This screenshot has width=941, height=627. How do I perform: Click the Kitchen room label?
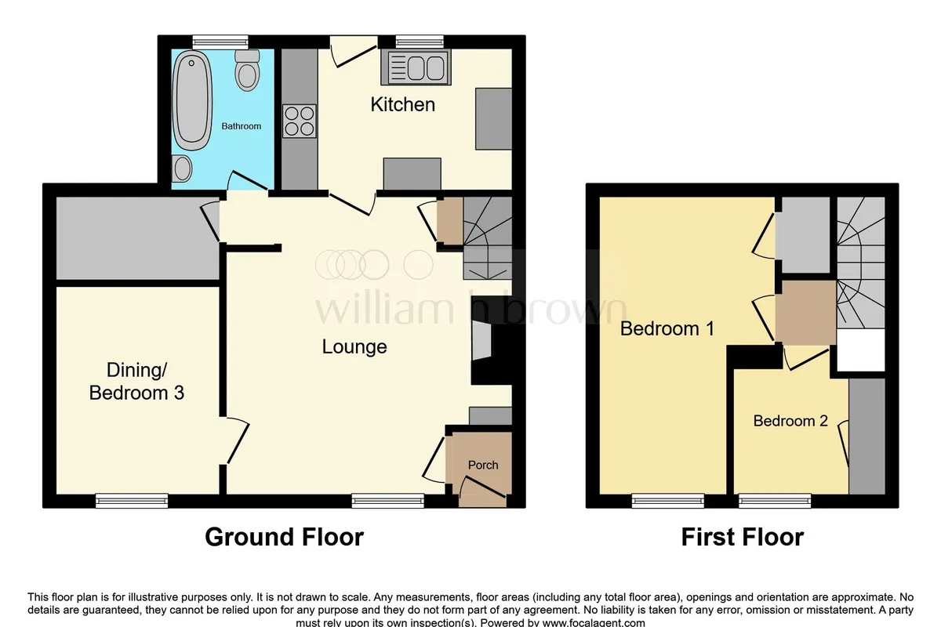click(x=402, y=104)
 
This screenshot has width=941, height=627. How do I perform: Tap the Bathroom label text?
click(x=242, y=126)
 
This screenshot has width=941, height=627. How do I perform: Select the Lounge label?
click(x=354, y=347)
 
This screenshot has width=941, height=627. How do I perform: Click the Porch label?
click(x=483, y=465)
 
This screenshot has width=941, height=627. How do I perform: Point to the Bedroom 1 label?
click(x=667, y=328)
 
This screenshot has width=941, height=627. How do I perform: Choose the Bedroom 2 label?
click(x=790, y=421)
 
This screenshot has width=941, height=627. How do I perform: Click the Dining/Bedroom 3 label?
click(x=136, y=382)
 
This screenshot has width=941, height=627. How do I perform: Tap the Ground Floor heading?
click(x=284, y=537)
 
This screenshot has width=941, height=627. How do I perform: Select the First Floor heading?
click(x=743, y=537)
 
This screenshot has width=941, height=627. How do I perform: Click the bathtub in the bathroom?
click(x=192, y=100)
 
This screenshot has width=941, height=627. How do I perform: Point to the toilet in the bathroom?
click(x=247, y=70)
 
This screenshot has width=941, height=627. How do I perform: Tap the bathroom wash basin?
click(x=182, y=169)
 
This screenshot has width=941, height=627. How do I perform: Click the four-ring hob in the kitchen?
click(x=299, y=121)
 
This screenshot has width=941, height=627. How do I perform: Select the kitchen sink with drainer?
click(x=416, y=67)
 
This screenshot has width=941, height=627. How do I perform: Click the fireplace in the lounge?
click(x=482, y=341)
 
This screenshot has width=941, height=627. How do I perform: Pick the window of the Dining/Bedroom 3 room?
click(x=132, y=501)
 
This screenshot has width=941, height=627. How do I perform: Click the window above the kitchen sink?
click(x=420, y=42)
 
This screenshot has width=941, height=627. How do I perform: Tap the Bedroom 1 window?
click(x=668, y=501)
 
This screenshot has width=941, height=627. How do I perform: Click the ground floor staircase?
click(x=487, y=238)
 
